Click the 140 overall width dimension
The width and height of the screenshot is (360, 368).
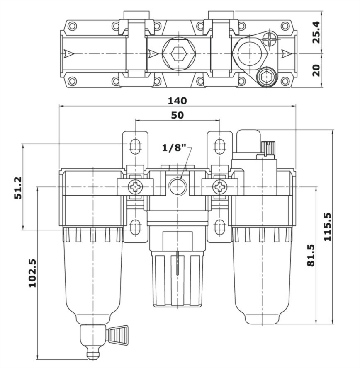click(177, 101)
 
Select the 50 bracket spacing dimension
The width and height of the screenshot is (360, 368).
click(177, 115)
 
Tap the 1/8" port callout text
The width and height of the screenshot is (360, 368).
click(174, 148)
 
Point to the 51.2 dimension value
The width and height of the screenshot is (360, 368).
click(18, 188)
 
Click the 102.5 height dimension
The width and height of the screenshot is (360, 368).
click(32, 273)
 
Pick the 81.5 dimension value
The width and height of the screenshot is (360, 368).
click(311, 255)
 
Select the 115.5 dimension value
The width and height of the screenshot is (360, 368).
click(327, 227)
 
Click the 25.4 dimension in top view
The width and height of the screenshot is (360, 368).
click(317, 32)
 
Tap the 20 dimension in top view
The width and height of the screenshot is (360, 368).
click(317, 70)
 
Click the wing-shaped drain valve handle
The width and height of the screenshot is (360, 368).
click(118, 335)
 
